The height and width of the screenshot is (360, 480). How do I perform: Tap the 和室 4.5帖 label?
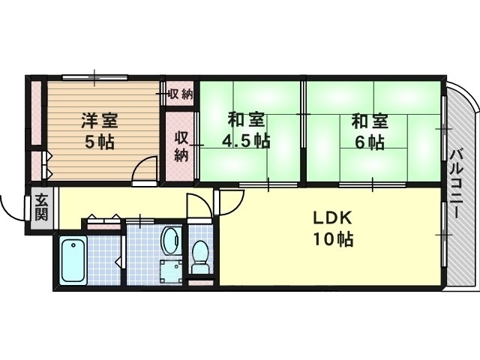246,129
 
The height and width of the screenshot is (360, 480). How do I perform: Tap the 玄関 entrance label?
41,207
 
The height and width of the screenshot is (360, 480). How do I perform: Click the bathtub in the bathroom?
73,259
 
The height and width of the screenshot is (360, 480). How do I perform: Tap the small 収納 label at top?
180,94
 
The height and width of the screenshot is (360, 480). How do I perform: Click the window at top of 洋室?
94,76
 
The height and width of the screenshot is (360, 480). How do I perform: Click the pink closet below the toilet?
201,283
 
